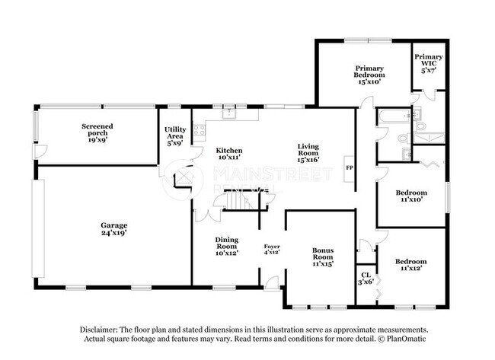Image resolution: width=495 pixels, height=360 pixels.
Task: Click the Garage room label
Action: [x=113, y=229]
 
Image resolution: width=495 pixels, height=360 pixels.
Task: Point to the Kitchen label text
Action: [x=228, y=153]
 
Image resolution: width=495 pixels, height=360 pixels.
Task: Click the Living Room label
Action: [x=308, y=153]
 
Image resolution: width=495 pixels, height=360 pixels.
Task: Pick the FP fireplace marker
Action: [x=350, y=167]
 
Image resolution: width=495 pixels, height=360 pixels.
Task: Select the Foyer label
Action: [x=272, y=249]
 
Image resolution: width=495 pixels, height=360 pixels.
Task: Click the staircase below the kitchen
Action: [x=232, y=201]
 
